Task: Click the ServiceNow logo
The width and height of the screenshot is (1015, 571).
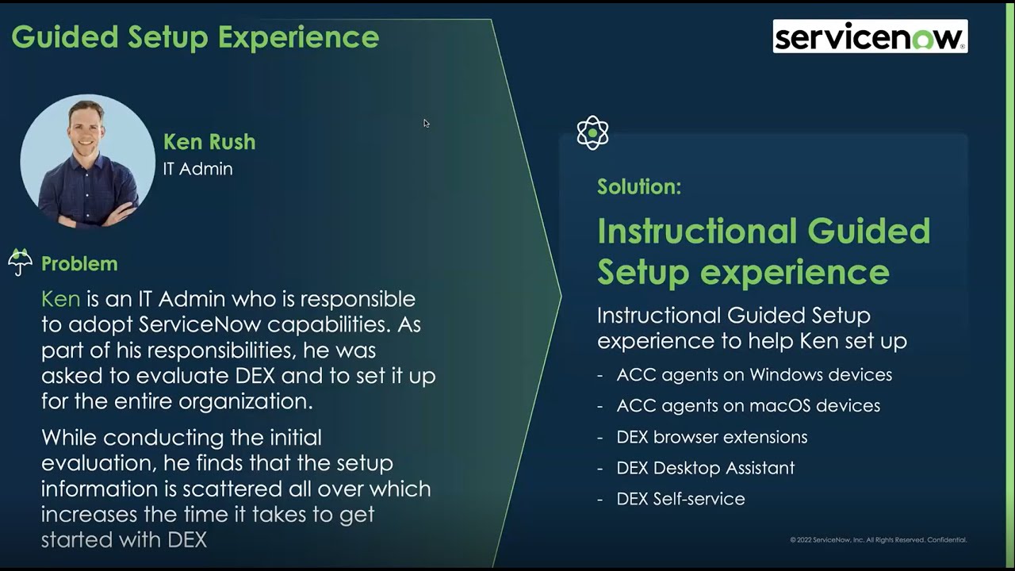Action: pyautogui.click(x=870, y=36)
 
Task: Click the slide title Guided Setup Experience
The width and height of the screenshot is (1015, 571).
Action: pyautogui.click(x=195, y=37)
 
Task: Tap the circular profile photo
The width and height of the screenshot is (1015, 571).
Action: pyautogui.click(x=87, y=162)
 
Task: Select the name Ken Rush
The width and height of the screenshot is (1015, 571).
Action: pyautogui.click(x=209, y=142)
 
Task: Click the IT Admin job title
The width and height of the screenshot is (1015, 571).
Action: pyautogui.click(x=197, y=169)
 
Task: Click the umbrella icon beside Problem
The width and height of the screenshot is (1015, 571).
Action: pyautogui.click(x=21, y=262)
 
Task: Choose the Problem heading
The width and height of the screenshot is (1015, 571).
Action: pyautogui.click(x=79, y=263)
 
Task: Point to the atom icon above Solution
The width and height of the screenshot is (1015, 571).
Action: pyautogui.click(x=592, y=133)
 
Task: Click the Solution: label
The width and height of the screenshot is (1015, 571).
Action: pyautogui.click(x=639, y=187)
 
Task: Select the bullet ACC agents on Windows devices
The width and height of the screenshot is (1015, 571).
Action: pyautogui.click(x=753, y=374)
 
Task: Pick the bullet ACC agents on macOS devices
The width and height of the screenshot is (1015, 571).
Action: pyautogui.click(x=748, y=405)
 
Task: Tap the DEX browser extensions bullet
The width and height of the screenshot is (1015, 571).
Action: pyautogui.click(x=711, y=437)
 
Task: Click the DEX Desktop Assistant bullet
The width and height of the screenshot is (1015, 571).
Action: pyautogui.click(x=705, y=468)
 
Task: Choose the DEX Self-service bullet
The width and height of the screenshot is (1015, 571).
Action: pyautogui.click(x=680, y=499)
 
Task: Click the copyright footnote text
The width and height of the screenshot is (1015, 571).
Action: pyautogui.click(x=878, y=540)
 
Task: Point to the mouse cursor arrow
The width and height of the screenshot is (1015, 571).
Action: pyautogui.click(x=426, y=123)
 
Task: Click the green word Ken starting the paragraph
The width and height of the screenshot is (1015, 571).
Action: pyautogui.click(x=61, y=299)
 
